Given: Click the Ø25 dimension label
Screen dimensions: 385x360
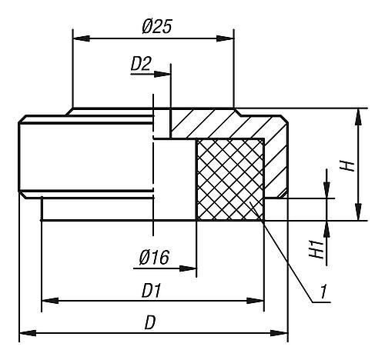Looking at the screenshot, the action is pyautogui.click(x=156, y=26).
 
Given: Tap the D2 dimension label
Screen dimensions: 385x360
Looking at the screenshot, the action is pyautogui.click(x=141, y=64).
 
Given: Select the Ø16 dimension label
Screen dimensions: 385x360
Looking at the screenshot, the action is pyautogui.click(x=154, y=257).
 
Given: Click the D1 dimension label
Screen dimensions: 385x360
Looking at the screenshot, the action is pyautogui.click(x=151, y=291).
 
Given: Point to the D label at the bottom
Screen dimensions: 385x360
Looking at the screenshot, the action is pyautogui.click(x=150, y=322).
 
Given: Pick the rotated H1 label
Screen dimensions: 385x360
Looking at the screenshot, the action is pyautogui.click(x=316, y=249).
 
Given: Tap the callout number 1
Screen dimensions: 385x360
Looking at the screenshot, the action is pyautogui.click(x=324, y=292).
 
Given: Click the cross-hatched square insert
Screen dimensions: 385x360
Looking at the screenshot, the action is pyautogui.click(x=230, y=179).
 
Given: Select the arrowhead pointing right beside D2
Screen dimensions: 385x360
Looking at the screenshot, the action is pyautogui.click(x=162, y=74).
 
